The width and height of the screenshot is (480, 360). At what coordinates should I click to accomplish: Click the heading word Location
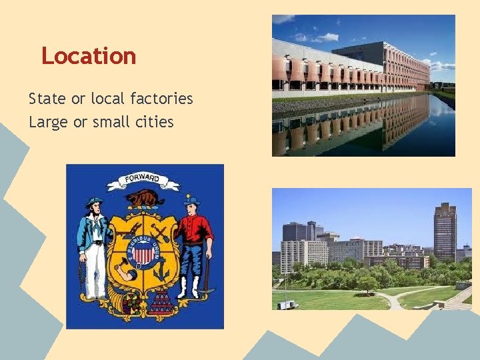[x=89, y=56]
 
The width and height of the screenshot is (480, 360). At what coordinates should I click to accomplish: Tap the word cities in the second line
[x=154, y=122]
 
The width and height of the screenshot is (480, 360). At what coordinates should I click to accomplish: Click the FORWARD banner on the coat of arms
[x=143, y=179]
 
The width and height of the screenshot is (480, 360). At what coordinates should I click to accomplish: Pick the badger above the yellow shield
[x=145, y=198]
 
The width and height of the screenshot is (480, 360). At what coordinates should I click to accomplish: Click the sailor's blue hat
[x=94, y=201]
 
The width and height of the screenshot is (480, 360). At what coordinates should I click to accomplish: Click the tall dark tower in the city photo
[x=445, y=231]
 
